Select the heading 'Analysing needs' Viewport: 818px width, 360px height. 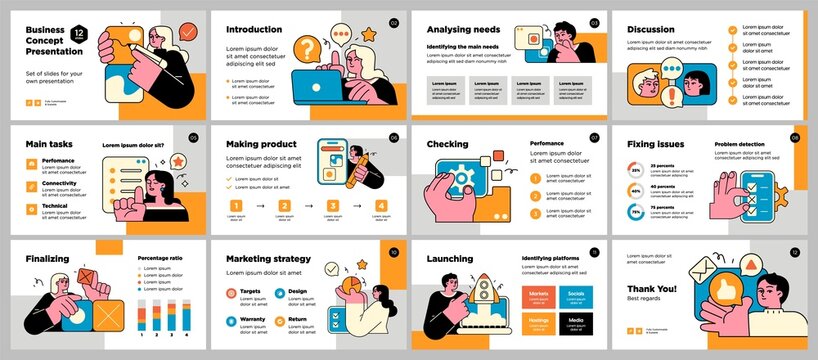click(462, 29)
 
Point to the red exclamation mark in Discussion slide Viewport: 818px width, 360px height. click(671, 96)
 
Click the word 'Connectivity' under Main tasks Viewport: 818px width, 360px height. click(59, 183)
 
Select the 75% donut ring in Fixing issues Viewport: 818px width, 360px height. click(635, 212)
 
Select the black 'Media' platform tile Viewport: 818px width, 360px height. click(575, 322)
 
